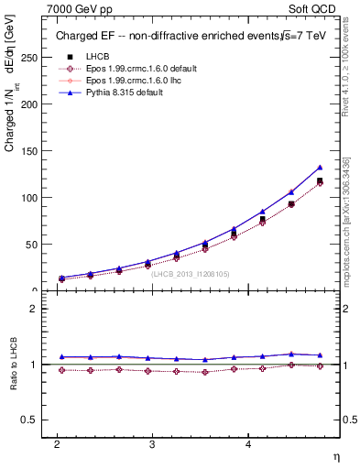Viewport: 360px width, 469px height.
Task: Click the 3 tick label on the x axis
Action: pyautogui.click(x=152, y=443)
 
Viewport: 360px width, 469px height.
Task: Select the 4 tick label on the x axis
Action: pyautogui.click(x=248, y=443)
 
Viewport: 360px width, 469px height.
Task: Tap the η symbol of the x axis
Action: pyautogui.click(x=335, y=456)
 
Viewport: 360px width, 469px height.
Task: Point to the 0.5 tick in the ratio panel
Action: pyautogui.click(x=29, y=420)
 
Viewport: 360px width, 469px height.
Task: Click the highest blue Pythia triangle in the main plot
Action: pyautogui.click(x=320, y=168)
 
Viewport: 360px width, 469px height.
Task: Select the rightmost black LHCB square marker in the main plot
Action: pyautogui.click(x=320, y=181)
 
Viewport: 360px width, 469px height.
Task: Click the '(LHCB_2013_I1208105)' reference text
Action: pyautogui.click(x=191, y=273)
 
